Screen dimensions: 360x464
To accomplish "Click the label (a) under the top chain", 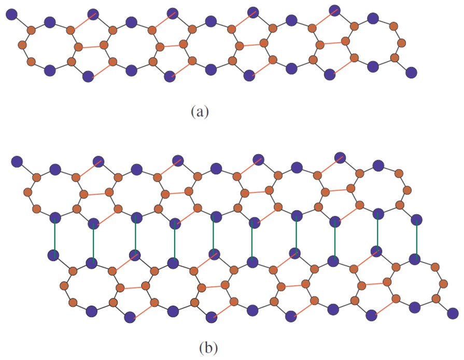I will pos(200,111).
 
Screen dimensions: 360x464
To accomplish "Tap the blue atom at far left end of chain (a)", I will pos(11,15).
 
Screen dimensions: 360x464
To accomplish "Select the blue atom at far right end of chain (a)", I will pos(411,72).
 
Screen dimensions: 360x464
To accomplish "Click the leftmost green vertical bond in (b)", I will pos(53,236).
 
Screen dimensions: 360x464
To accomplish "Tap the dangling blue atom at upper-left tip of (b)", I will pos(16,161).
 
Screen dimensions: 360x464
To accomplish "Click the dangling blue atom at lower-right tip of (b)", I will pos(453,313).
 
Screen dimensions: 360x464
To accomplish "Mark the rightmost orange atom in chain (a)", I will pos(401,41).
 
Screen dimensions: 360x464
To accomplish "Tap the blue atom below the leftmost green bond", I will pos(53,255).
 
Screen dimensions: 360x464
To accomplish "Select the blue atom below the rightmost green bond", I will pos(414,258).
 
